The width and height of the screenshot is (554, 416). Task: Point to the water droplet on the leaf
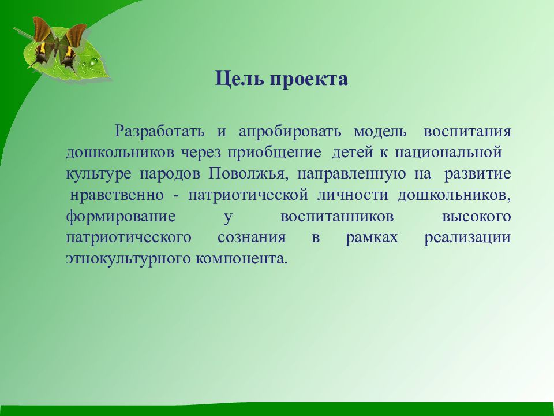click(93, 62)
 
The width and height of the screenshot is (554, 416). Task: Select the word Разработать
click(160, 132)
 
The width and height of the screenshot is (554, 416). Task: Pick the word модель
click(380, 132)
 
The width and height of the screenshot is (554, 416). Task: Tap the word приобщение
click(275, 153)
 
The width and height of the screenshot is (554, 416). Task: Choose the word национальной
click(448, 153)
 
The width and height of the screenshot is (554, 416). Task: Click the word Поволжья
click(248, 174)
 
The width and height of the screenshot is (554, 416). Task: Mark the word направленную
click(351, 174)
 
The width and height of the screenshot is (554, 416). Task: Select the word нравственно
click(117, 195)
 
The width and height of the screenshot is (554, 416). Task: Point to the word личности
click(353, 195)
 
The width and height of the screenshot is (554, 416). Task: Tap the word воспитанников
click(337, 217)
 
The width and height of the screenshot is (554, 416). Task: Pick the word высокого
click(477, 217)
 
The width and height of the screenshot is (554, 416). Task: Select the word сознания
click(252, 237)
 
